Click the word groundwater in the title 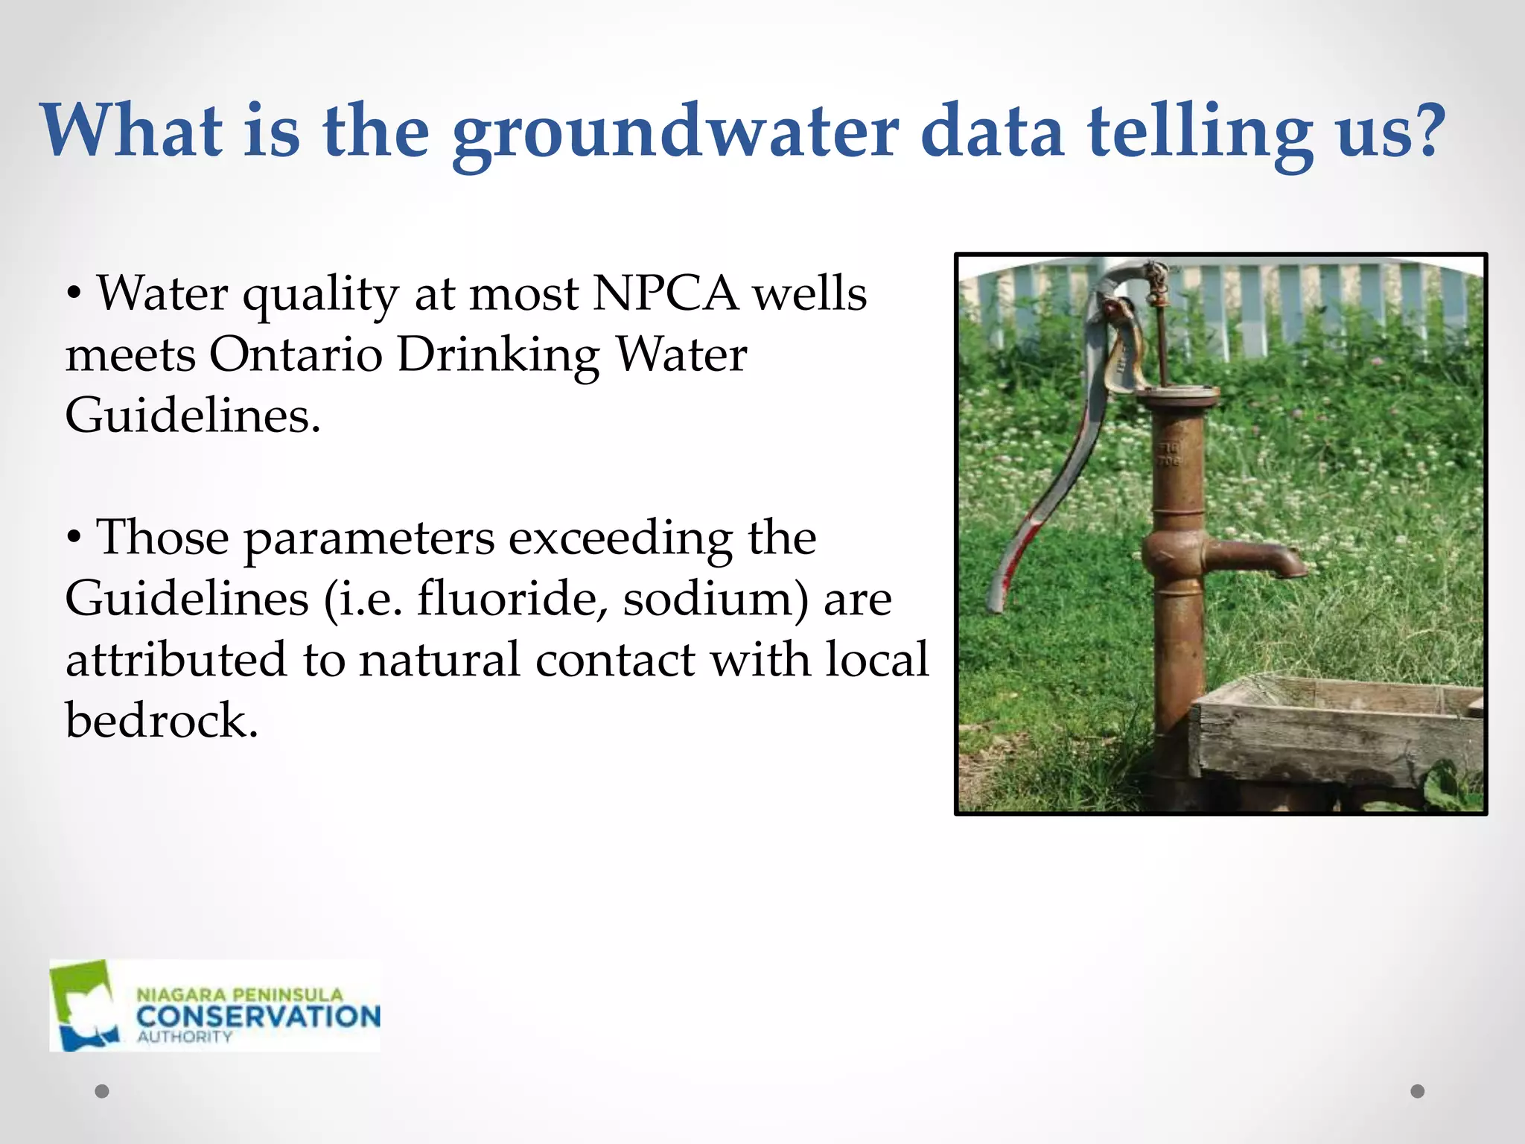point(675,133)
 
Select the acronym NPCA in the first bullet point(665,293)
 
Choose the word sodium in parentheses point(710,599)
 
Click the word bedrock point(161,721)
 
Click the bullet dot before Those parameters point(73,538)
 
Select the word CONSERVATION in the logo point(258,1017)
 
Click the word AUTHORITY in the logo point(184,1037)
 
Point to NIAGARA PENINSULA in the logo point(239,995)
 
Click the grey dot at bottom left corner point(102,1091)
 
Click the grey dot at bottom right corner point(1418,1091)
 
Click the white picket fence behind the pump point(1311,298)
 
